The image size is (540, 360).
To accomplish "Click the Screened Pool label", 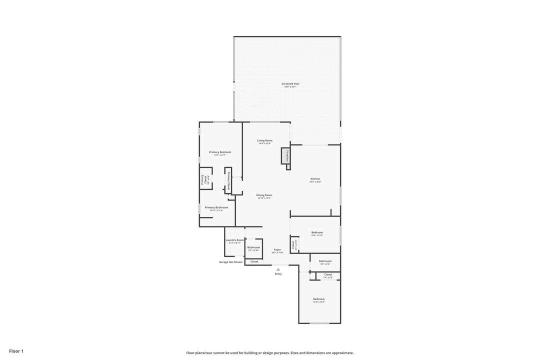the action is (290, 84).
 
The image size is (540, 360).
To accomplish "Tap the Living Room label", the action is (264, 140).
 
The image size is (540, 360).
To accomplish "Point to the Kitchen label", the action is (315, 179).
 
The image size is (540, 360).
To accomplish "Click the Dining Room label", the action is (264, 195).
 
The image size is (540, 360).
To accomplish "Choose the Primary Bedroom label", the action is (220, 152).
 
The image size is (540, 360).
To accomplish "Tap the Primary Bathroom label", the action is (216, 207).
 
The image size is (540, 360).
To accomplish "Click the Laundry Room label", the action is (234, 240).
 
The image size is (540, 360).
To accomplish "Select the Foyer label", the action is (277, 249).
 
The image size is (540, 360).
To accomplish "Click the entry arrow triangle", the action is (278, 269).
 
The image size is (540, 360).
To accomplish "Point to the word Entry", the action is (278, 274).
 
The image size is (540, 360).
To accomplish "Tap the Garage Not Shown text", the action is (230, 262).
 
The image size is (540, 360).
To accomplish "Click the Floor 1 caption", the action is (16, 351).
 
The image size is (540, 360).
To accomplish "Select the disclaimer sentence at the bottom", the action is (270, 353).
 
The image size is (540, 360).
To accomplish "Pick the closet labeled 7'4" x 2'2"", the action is (328, 275).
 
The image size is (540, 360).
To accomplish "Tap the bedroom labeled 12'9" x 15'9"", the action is (319, 299).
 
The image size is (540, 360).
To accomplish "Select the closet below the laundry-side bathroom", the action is (254, 261).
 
